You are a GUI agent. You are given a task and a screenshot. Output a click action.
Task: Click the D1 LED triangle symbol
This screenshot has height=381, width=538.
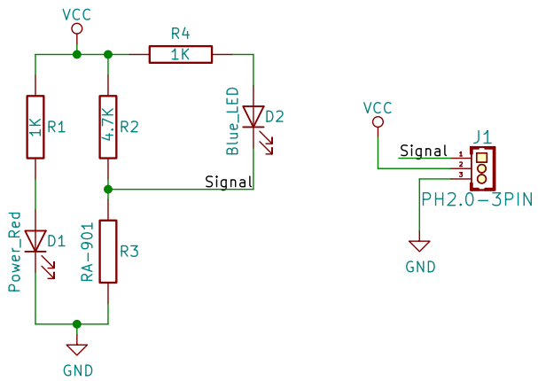coord(35,241)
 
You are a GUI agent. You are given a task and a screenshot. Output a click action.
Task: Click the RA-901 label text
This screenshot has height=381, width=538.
coord(87,252)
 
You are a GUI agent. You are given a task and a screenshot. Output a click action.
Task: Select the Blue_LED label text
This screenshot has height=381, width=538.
coord(232,121)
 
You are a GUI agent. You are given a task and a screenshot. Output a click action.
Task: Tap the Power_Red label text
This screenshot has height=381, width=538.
coord(15,252)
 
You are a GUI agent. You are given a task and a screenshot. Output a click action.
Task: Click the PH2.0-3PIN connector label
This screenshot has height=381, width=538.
coord(477,199)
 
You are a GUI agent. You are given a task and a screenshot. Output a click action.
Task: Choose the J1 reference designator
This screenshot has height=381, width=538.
coord(482,137)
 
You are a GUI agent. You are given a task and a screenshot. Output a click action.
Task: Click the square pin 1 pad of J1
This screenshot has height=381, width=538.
coord(482,158)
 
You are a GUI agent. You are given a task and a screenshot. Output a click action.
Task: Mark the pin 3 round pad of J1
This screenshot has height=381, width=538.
coord(482,179)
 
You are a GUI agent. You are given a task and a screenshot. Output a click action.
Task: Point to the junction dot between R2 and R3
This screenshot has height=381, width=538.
coord(108,189)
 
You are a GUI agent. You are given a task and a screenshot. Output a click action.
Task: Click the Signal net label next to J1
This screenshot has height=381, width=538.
coord(424,151)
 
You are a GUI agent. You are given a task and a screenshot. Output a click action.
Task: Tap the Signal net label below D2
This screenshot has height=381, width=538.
coord(229,182)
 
